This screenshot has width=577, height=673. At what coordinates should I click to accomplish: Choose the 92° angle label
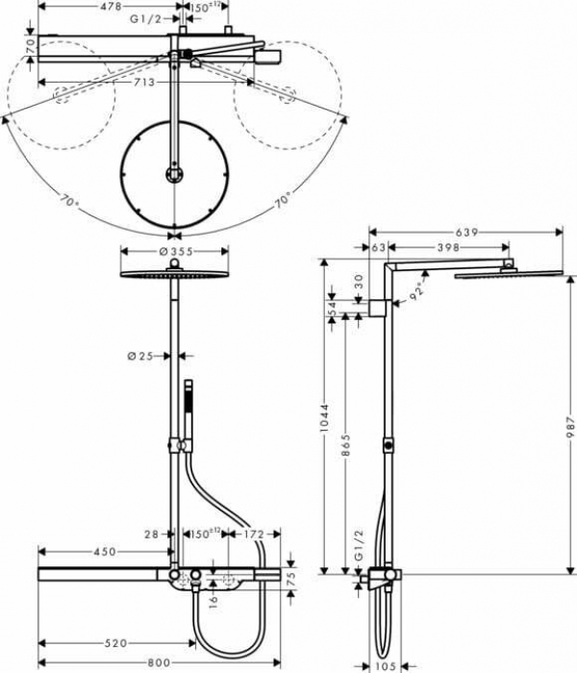pyautogui.click(x=416, y=291)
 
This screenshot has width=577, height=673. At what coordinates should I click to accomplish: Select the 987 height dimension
pyautogui.click(x=567, y=423)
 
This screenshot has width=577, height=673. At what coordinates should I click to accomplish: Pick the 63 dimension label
pyautogui.click(x=376, y=248)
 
